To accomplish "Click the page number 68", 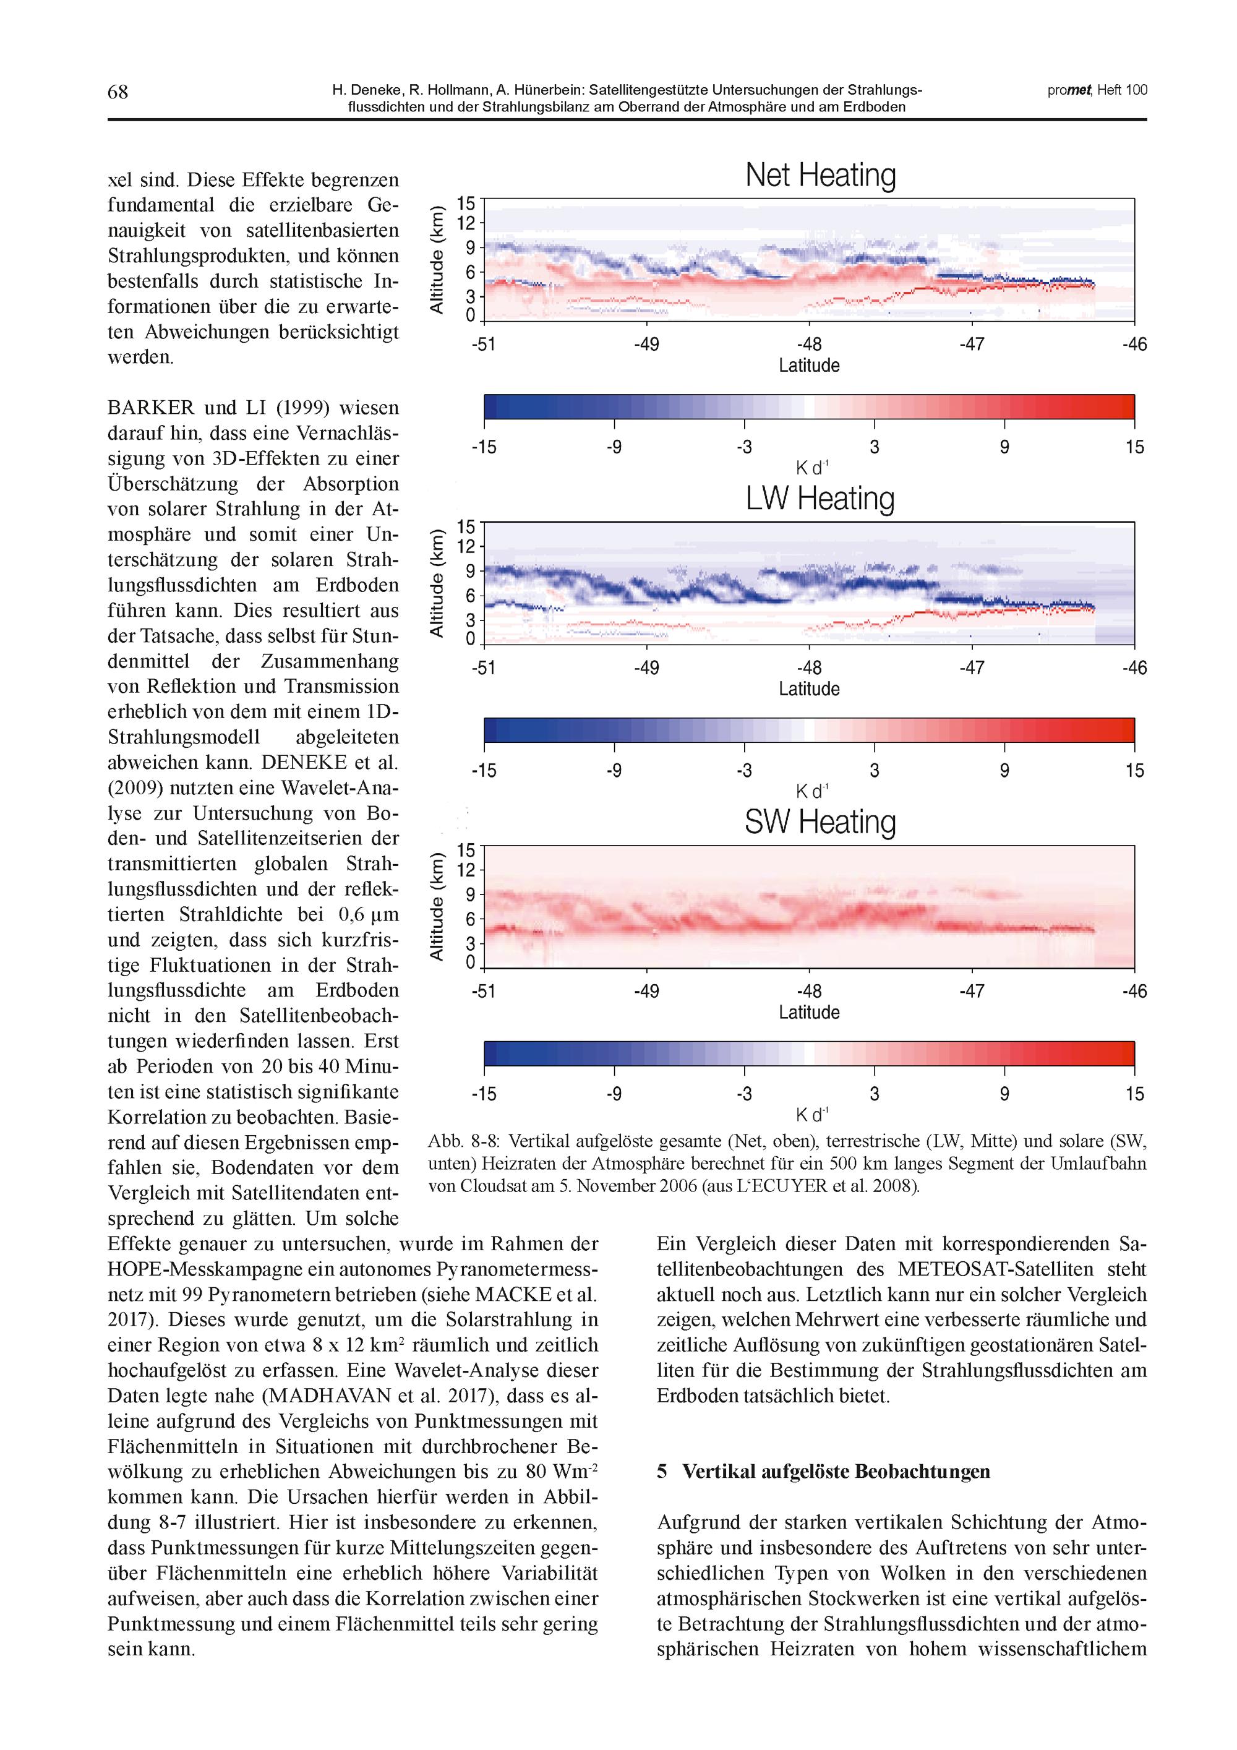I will [x=118, y=92].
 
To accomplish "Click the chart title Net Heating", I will [x=820, y=174].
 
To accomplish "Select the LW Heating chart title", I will [x=820, y=499].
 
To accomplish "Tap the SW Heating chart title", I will [x=820, y=821].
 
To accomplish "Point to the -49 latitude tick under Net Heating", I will [x=646, y=345].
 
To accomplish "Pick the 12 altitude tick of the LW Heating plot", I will [x=466, y=546].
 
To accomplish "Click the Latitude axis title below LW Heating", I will [x=808, y=689].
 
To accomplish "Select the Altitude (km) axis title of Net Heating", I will [x=437, y=259].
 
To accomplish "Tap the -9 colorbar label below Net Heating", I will [x=614, y=447].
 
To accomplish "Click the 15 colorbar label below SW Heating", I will [x=1134, y=1094].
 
